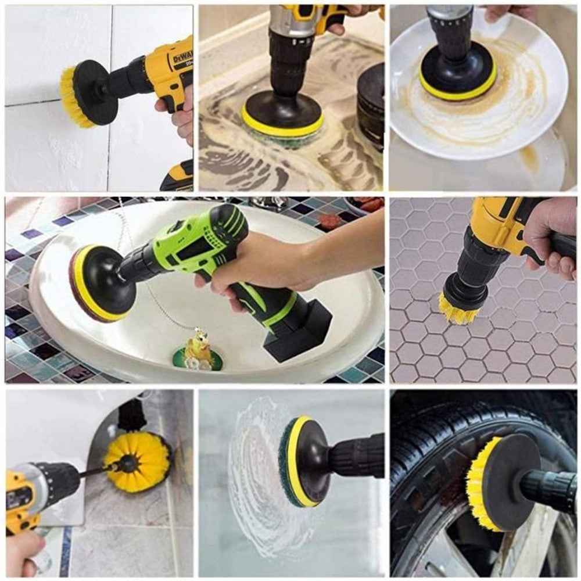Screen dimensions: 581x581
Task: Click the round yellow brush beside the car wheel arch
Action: pos(137,462)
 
